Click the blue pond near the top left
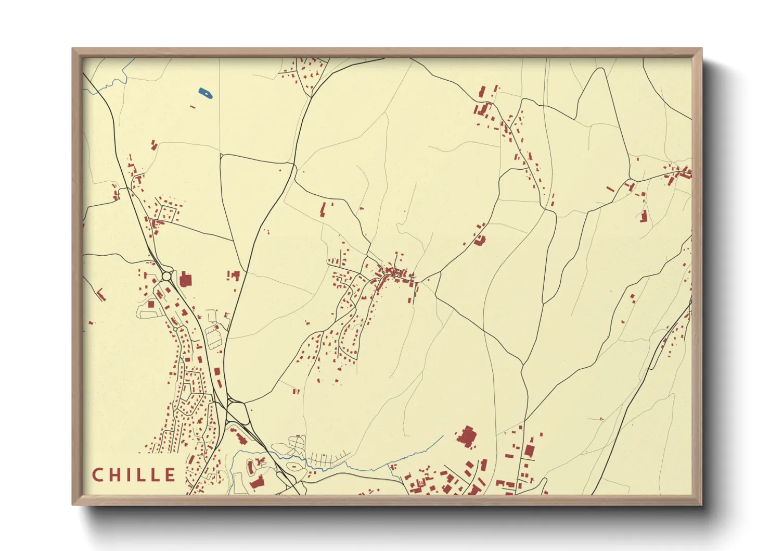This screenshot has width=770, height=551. point(206,94)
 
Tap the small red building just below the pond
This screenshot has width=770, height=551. point(193,107)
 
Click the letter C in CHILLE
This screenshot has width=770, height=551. point(98,475)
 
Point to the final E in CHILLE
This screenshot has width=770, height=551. point(170,475)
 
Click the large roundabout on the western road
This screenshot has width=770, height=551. point(167,275)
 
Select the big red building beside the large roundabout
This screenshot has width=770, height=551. point(186,280)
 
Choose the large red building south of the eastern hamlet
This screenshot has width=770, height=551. point(644,216)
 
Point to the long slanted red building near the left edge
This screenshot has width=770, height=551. point(101,295)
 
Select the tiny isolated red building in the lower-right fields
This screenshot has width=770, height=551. point(601,419)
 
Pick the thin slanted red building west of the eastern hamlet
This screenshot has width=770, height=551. point(610,189)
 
